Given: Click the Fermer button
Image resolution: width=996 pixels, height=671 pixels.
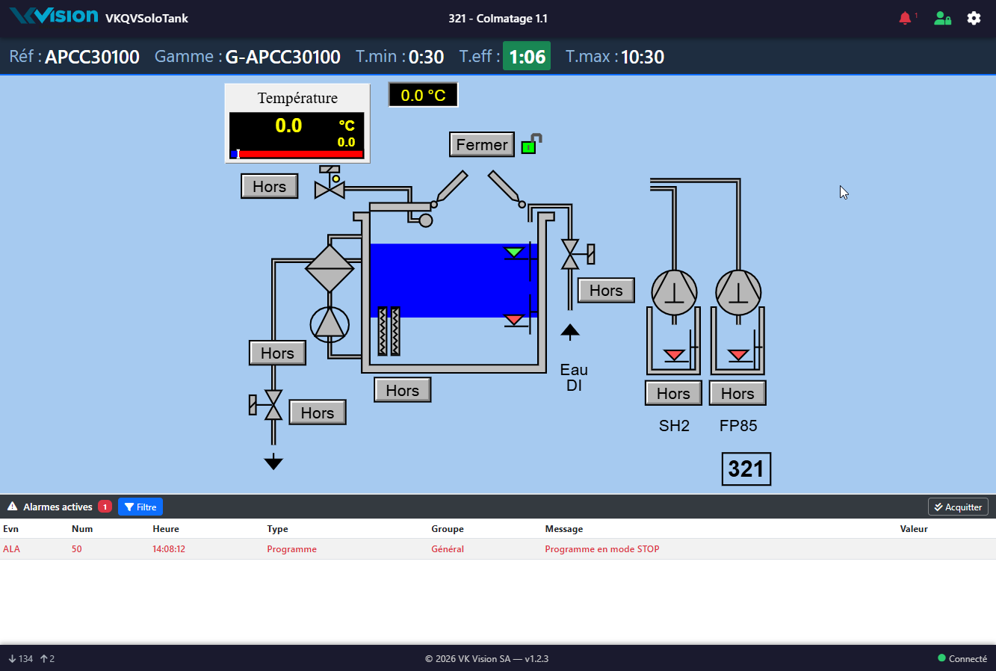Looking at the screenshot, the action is [481, 144].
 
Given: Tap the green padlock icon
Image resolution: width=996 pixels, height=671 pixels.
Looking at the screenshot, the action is [531, 144].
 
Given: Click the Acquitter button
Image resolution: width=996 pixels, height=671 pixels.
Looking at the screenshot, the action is [958, 507].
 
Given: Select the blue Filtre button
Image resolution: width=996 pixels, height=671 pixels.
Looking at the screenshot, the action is [140, 507].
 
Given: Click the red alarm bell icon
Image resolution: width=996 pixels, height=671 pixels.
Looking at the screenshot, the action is [905, 18].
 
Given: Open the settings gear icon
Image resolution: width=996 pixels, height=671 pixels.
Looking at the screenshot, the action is [974, 18].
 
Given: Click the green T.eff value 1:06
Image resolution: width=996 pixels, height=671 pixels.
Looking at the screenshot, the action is [527, 57].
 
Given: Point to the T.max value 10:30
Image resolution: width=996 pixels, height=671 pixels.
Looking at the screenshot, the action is [643, 57].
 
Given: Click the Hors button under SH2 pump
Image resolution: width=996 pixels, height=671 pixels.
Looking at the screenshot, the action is [673, 393].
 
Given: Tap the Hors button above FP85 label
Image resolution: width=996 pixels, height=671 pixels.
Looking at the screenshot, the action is [737, 393].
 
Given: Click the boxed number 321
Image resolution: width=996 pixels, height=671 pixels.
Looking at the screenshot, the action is [746, 469].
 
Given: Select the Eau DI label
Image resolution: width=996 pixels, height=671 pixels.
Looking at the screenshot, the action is [574, 377].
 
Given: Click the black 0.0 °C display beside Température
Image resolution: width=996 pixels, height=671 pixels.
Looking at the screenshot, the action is [423, 95].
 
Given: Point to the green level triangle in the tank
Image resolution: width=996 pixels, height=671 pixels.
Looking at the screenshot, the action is [514, 253].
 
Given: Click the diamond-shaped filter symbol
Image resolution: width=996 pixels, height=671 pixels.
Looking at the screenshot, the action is [329, 268].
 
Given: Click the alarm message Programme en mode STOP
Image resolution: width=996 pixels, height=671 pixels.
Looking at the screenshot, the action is [602, 549].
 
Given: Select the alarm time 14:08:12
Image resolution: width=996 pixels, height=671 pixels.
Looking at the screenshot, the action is [169, 549].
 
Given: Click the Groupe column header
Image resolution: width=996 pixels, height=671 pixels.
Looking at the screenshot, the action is [448, 529].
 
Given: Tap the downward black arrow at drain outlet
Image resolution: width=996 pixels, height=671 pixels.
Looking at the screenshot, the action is [273, 462].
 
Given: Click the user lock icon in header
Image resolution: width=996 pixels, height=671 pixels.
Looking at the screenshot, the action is [942, 18].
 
